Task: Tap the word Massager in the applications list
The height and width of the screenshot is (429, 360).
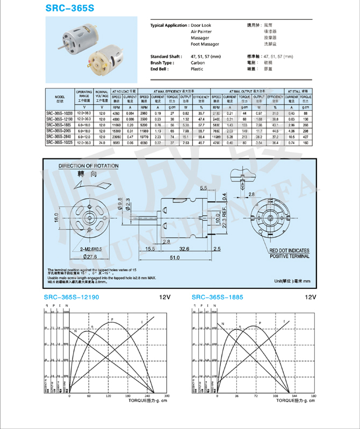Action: pyautogui.click(x=200, y=38)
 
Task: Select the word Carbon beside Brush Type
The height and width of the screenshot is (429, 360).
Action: pyautogui.click(x=198, y=63)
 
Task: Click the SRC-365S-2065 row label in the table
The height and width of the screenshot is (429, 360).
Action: pyautogui.click(x=59, y=130)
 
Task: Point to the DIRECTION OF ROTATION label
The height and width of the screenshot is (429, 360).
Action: pyautogui.click(x=89, y=166)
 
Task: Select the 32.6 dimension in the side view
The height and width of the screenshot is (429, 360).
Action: pyautogui.click(x=184, y=249)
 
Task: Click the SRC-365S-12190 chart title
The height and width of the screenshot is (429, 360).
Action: pyautogui.click(x=71, y=297)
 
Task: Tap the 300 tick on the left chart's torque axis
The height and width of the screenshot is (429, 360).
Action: pyautogui.click(x=166, y=396)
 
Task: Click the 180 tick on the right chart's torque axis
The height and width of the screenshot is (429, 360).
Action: pyautogui.click(x=313, y=396)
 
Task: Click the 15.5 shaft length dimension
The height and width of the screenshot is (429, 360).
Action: pyautogui.click(x=149, y=249)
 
